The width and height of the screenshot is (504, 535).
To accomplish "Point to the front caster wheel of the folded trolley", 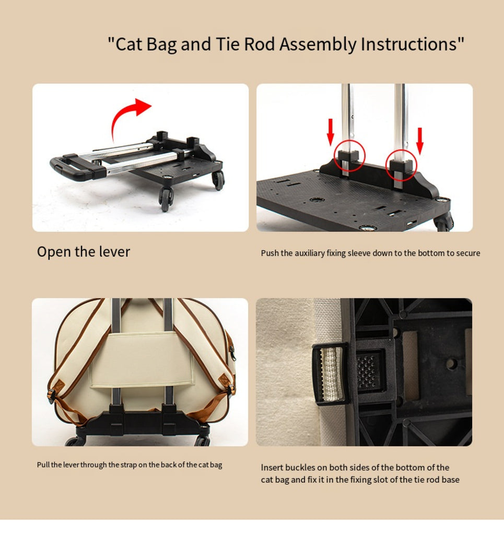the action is coord(166,199).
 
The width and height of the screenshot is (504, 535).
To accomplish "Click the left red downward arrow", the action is coord(330,132).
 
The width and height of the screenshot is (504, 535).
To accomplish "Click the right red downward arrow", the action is coord(420,141).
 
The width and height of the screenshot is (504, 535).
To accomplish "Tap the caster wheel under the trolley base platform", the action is coord(443,222).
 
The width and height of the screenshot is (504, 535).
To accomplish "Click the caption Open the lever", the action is coord(84,252).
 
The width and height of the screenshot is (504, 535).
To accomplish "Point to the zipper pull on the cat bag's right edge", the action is coord(233,353).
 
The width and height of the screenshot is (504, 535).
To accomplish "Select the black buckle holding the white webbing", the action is coord(330,374).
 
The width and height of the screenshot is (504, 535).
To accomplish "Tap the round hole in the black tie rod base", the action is coord(452,364).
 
